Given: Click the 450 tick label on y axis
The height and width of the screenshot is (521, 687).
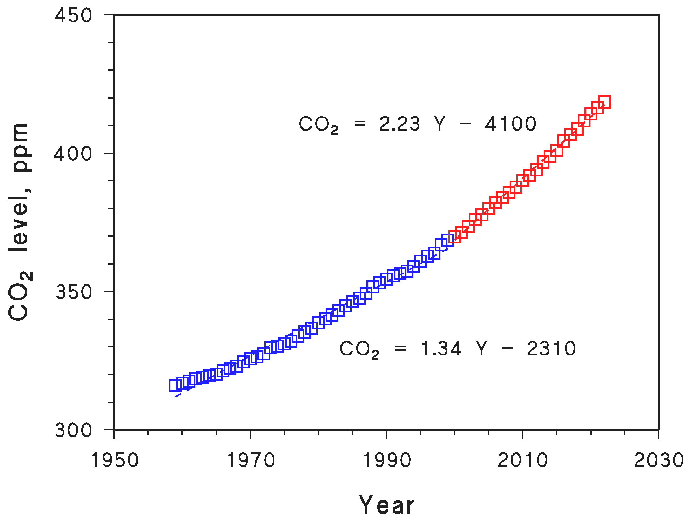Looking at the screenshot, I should (73, 16).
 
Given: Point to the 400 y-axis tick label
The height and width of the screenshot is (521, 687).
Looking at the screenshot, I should (73, 154).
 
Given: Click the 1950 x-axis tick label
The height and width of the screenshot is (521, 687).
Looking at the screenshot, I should (115, 460).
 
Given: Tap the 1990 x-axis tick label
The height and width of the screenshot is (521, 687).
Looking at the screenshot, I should (387, 460).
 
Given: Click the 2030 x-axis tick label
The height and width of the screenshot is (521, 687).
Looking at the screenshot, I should (658, 460).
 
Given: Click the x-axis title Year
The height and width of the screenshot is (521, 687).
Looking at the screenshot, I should (387, 505).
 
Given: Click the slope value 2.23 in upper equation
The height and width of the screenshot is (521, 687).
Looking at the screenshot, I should (399, 124).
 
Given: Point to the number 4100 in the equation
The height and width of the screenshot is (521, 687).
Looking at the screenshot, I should (511, 124).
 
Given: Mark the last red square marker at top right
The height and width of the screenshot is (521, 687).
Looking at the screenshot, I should (604, 102).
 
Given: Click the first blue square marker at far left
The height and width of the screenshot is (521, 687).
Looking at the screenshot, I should (175, 385).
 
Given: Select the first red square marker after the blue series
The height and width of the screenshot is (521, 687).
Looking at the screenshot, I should (455, 237).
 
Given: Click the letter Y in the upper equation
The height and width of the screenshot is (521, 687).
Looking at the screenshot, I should (440, 124).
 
